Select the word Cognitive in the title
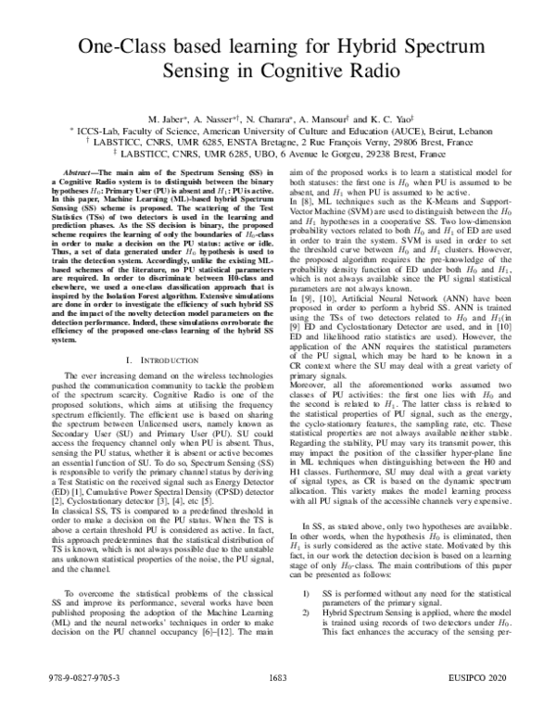298,72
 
